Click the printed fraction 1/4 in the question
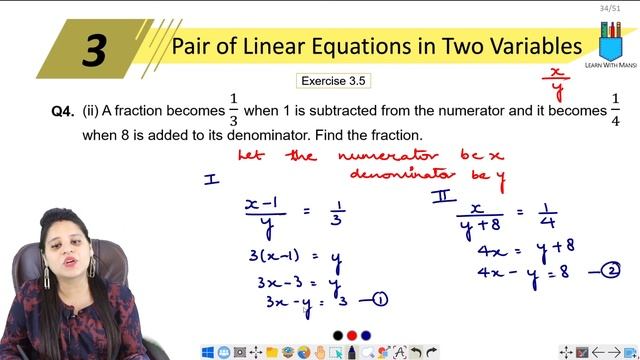[615, 109]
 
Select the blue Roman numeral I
[211, 179]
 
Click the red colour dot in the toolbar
[340, 334]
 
